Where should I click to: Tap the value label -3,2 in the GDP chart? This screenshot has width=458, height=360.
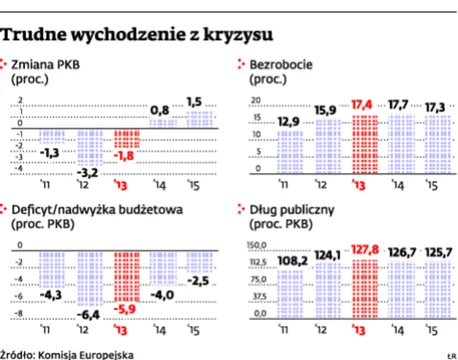coord(87,172)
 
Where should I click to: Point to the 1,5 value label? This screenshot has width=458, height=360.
coord(194,101)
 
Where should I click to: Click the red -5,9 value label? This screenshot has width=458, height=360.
coord(128,309)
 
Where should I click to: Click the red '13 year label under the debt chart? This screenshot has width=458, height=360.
coord(361,330)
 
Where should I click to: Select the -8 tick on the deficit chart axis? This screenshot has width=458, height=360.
coord(17,313)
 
